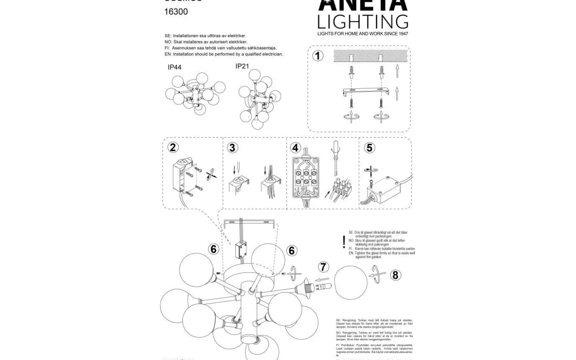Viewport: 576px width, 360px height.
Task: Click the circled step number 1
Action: coord(318,56)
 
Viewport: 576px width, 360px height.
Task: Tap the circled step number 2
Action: coord(173,147)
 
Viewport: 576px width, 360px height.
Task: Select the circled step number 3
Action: coord(232,147)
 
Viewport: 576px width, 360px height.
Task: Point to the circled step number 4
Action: coord(295,148)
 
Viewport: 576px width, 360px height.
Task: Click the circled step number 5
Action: coord(370,147)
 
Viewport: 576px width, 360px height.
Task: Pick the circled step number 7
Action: coord(323,267)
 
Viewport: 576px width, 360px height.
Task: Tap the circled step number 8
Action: coord(395,275)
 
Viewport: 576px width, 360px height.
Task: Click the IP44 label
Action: coord(174,67)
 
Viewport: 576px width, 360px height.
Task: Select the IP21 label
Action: coord(242,66)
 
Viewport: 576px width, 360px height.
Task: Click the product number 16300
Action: coord(176,12)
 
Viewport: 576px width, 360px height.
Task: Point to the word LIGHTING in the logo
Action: coord(362,21)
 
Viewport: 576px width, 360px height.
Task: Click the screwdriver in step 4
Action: coord(336,158)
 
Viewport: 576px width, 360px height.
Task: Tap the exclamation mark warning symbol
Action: coord(344,242)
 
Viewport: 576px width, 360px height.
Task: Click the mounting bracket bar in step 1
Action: coord(366,91)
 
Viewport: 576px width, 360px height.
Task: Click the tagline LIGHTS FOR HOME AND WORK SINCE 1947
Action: coord(362,34)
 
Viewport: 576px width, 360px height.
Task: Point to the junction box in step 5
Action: coord(386,188)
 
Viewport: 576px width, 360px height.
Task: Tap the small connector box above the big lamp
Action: coord(240,249)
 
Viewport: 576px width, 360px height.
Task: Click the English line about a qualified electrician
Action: coord(224,54)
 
